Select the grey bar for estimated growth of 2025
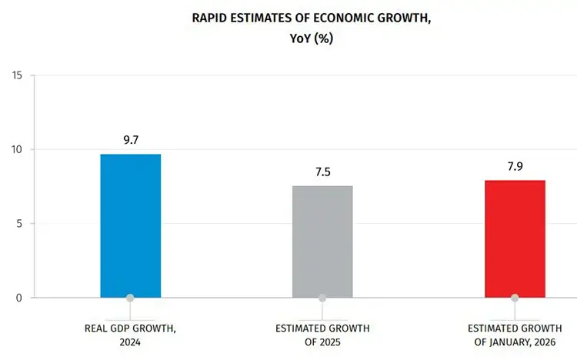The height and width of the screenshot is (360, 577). pos(322,241)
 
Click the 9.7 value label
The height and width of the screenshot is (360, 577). pos(131,140)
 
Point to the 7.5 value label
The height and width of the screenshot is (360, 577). pos(322,172)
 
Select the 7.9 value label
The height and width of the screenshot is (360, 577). pos(515,166)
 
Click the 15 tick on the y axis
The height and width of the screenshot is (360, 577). pos(17,75)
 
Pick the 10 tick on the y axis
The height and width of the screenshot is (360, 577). pos(17,150)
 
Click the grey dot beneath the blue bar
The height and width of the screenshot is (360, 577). pos(131,298)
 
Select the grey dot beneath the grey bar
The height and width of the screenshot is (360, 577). pos(322,298)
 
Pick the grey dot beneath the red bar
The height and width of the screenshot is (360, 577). pos(515,298)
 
